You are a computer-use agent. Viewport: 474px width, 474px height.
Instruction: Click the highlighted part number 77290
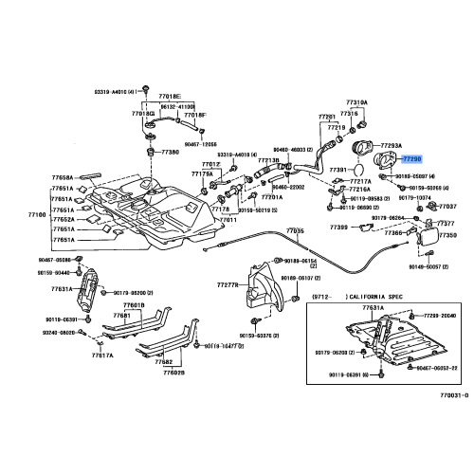point(413,162)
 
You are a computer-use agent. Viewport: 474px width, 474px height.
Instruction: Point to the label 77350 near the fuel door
point(447,234)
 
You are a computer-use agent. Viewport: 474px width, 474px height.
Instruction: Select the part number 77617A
point(102,355)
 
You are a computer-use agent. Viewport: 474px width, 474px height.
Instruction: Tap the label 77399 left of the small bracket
point(339,228)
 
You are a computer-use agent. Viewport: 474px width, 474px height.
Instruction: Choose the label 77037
point(447,206)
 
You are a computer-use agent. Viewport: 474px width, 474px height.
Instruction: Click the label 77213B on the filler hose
point(268,161)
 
